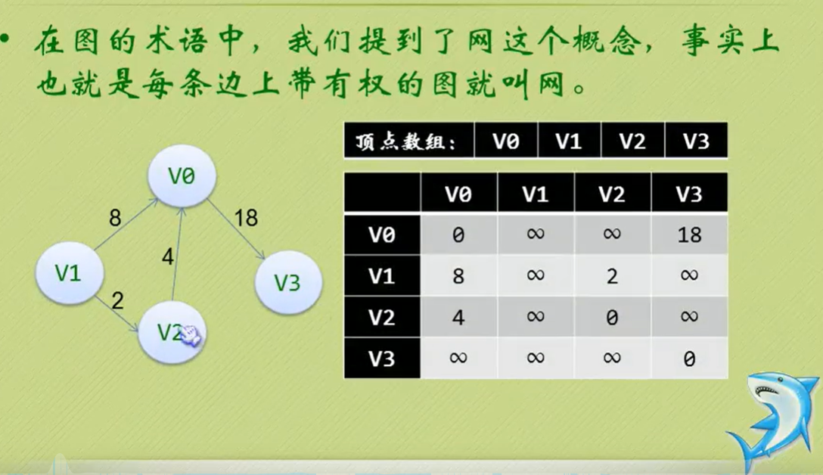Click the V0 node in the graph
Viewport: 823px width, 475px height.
[x=182, y=176]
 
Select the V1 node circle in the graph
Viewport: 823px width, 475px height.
[x=70, y=272]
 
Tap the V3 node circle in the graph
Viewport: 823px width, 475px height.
[x=288, y=282]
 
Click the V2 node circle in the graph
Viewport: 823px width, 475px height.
[x=171, y=331]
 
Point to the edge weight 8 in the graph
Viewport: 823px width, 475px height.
[x=115, y=219]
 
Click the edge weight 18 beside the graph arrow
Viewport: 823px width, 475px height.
[x=246, y=219]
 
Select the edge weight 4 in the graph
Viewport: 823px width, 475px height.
[x=168, y=257]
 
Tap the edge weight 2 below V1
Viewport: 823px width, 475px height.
[x=117, y=301]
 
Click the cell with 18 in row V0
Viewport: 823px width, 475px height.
[x=689, y=234]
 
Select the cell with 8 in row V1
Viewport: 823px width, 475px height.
[x=458, y=275]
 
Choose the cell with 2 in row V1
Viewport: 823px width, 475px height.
[x=612, y=275]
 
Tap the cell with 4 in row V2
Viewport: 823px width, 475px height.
[x=458, y=316]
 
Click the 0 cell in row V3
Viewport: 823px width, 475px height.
[x=689, y=358]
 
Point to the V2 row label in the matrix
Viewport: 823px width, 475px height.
[x=382, y=316]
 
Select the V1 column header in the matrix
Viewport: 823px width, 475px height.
[x=536, y=194]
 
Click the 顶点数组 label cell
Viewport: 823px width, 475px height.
[x=409, y=141]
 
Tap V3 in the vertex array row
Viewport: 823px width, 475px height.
[x=696, y=141]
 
